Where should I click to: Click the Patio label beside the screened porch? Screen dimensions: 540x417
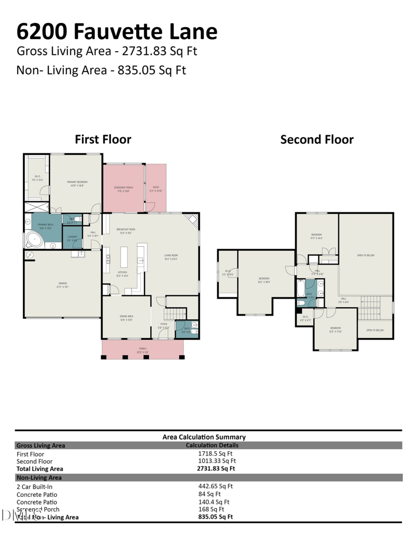click(156, 188)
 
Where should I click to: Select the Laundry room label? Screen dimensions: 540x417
click(72, 238)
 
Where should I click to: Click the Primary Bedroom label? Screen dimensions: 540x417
click(77, 183)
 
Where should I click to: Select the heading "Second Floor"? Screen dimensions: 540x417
click(316, 140)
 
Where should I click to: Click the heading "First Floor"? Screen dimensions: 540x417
click(103, 140)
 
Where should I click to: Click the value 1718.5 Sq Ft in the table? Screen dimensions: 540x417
click(213, 454)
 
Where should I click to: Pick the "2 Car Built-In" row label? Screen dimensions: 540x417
click(34, 486)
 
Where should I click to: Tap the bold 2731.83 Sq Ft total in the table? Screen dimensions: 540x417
click(213, 469)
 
